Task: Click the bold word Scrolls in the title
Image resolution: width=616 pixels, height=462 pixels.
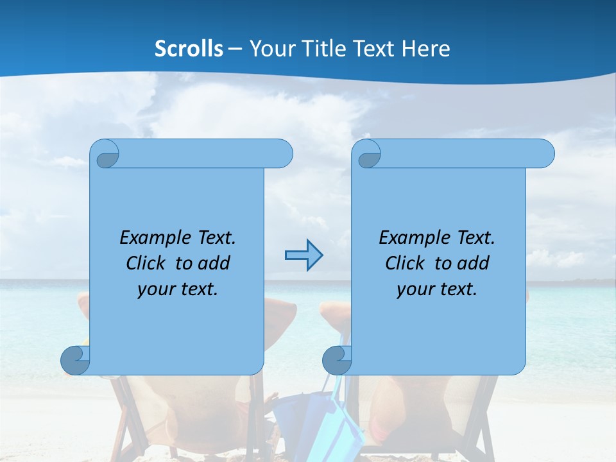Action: (189, 49)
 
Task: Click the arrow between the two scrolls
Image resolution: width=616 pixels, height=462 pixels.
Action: (304, 255)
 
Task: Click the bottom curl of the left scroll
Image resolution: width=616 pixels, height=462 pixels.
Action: (75, 360)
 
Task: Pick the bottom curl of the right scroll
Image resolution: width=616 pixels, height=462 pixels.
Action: (337, 360)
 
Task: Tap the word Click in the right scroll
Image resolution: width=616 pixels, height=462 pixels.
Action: (406, 263)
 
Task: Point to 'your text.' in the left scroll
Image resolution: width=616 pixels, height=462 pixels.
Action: (178, 289)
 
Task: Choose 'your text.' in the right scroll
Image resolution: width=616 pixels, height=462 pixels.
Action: (437, 289)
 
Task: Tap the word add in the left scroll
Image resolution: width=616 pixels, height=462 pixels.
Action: (214, 263)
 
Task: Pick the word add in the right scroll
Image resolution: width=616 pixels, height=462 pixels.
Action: (474, 263)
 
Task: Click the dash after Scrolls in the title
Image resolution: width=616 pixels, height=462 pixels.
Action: (235, 49)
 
